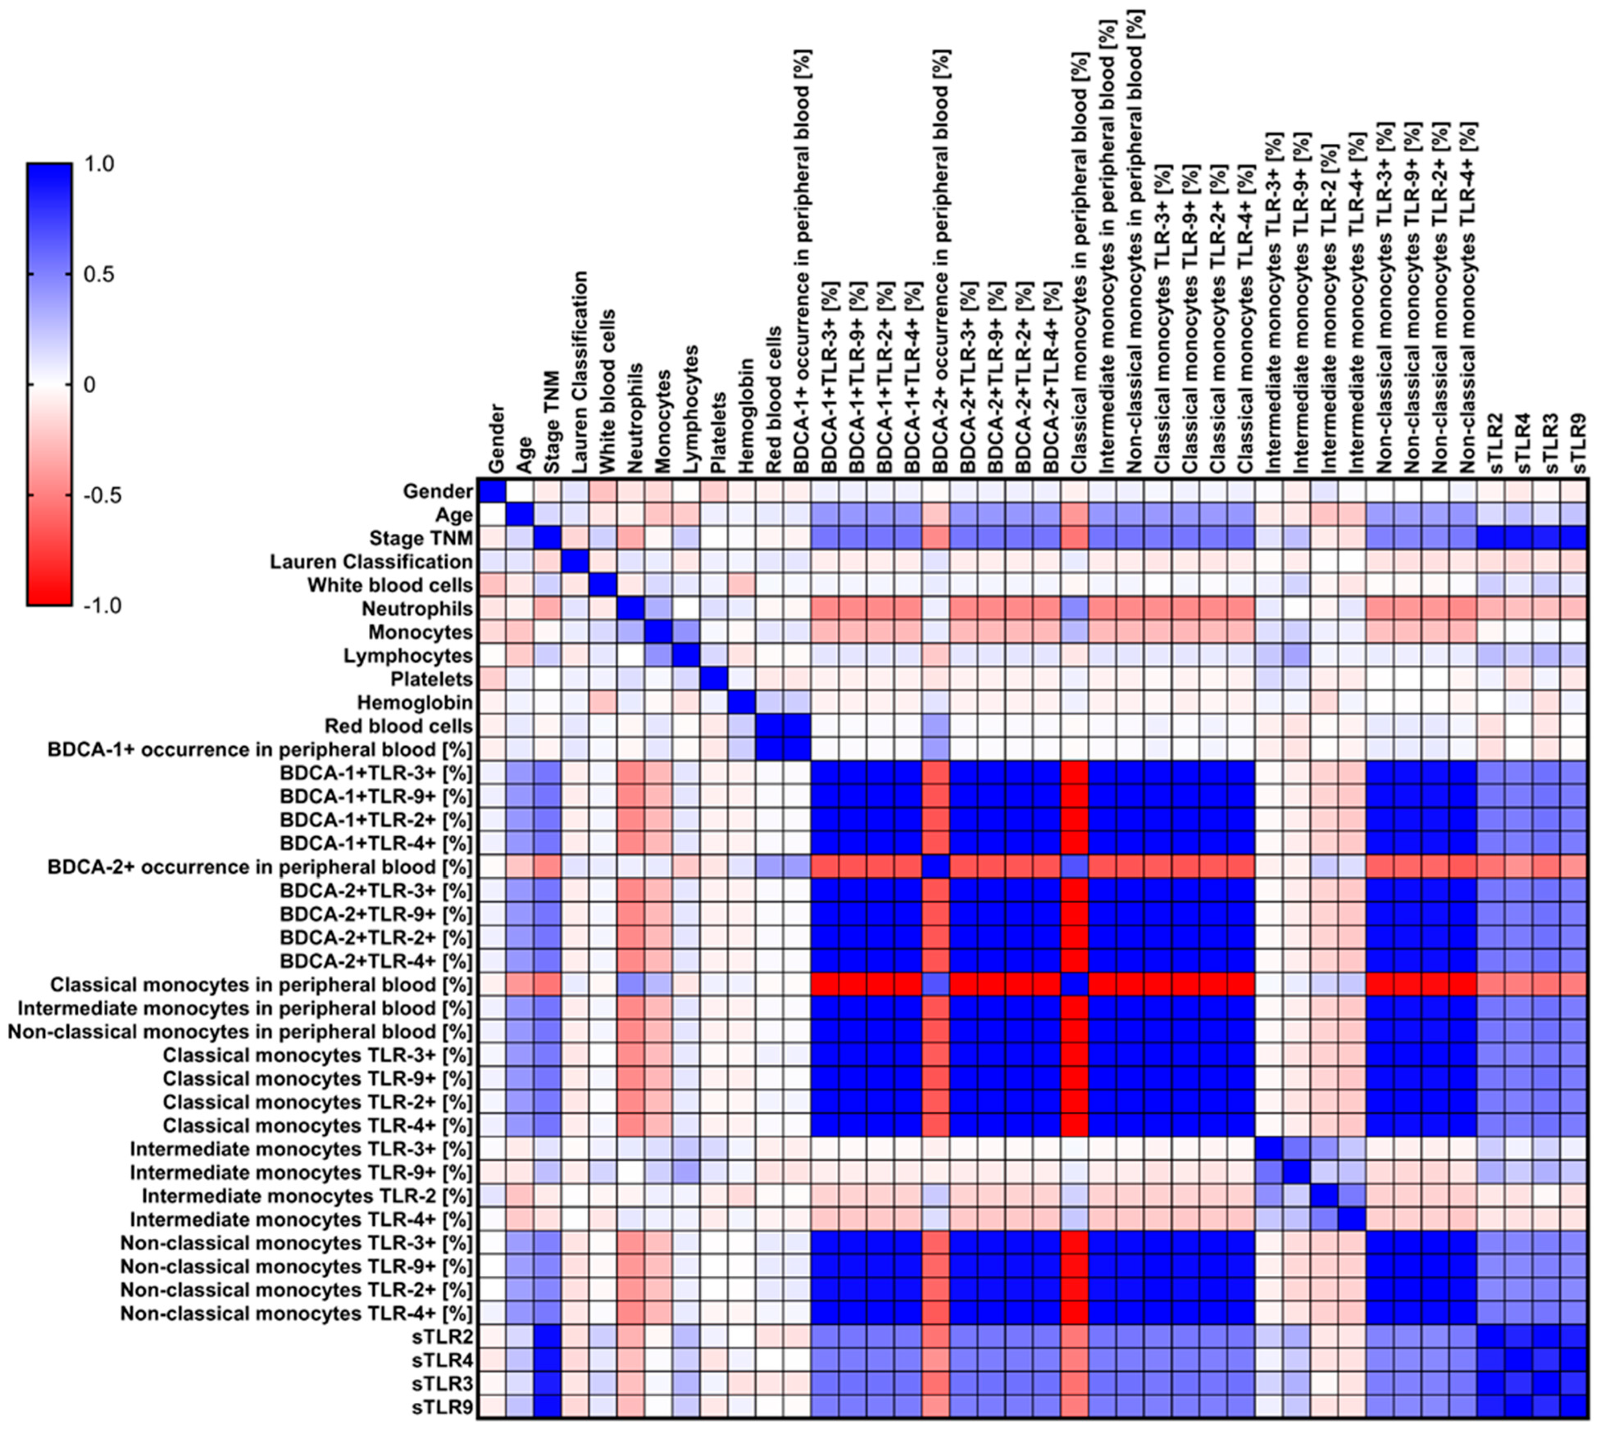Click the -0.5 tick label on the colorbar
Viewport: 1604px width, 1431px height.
[x=102, y=496]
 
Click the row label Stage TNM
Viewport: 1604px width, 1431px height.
[x=421, y=539]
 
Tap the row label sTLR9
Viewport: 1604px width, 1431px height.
[x=448, y=1407]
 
